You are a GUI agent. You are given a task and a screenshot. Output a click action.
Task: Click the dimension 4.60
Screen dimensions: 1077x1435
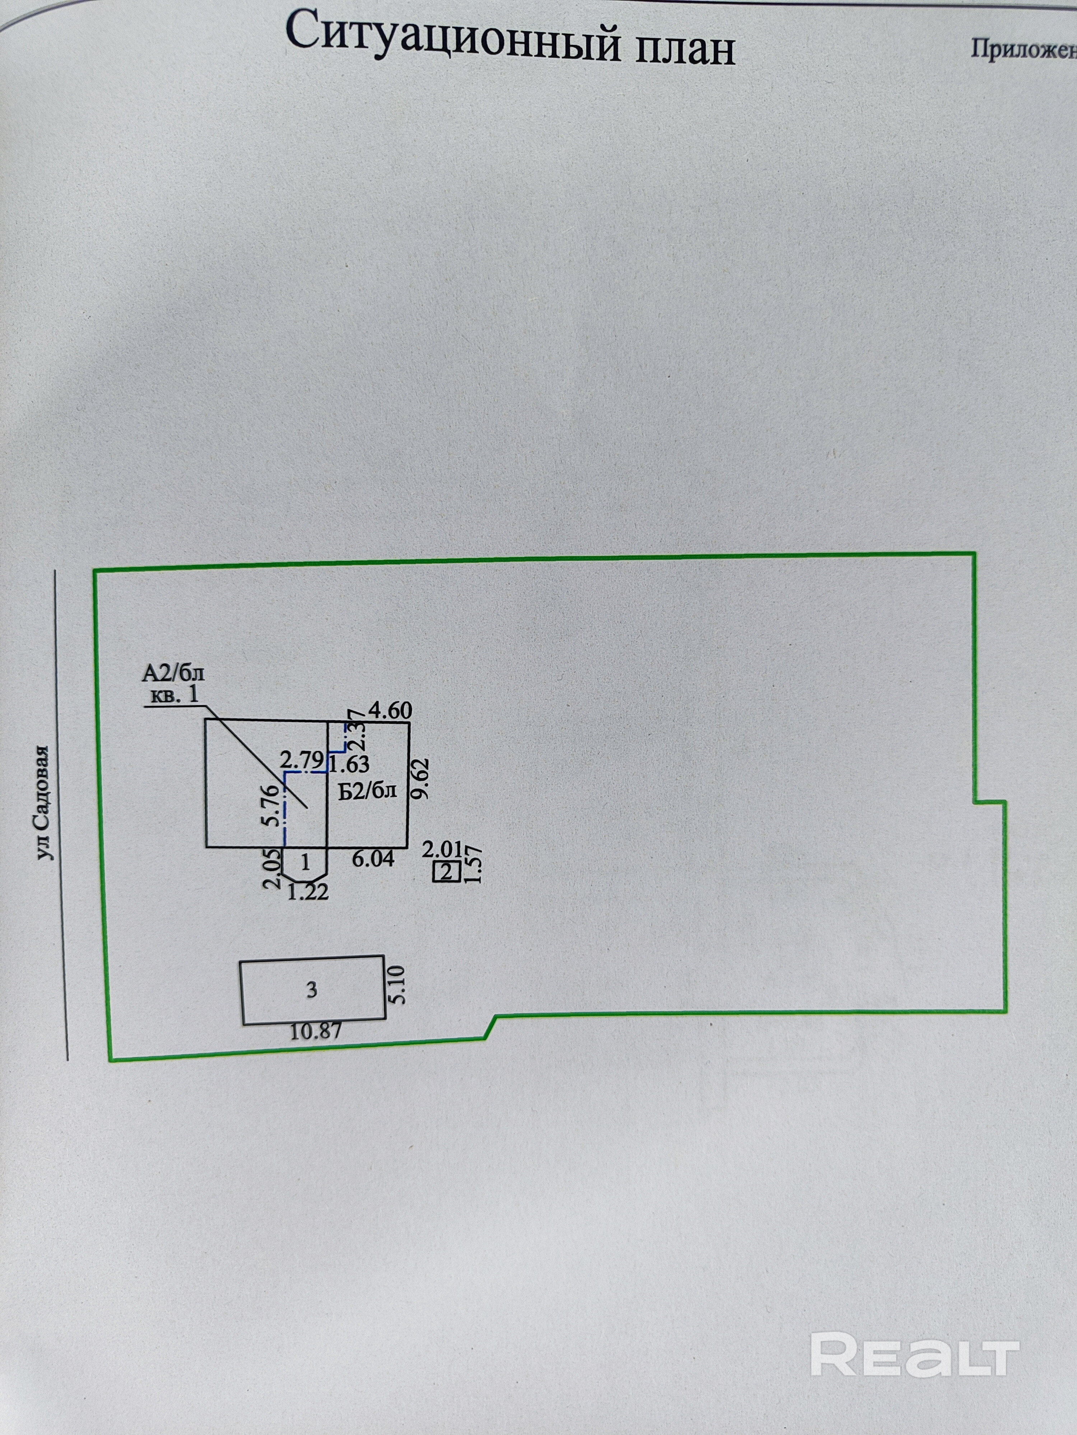point(390,711)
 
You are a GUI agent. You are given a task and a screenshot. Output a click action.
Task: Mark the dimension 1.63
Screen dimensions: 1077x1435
point(349,764)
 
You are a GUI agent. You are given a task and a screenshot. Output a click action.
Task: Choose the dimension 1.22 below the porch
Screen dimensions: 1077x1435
point(308,893)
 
